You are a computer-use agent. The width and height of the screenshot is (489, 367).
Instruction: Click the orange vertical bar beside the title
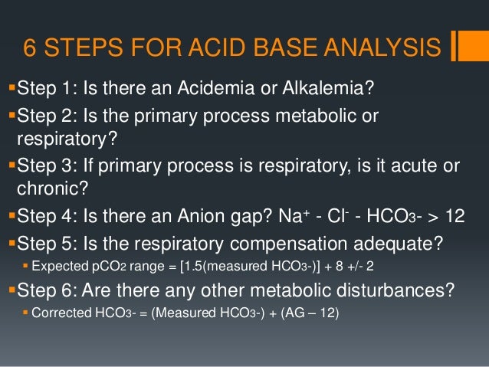[x=458, y=45]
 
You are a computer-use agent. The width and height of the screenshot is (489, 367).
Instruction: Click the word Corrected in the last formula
[x=56, y=315]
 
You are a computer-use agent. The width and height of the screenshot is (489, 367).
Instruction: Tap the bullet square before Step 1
[x=10, y=91]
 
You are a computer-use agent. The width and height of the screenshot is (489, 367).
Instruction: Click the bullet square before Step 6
[x=10, y=290]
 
